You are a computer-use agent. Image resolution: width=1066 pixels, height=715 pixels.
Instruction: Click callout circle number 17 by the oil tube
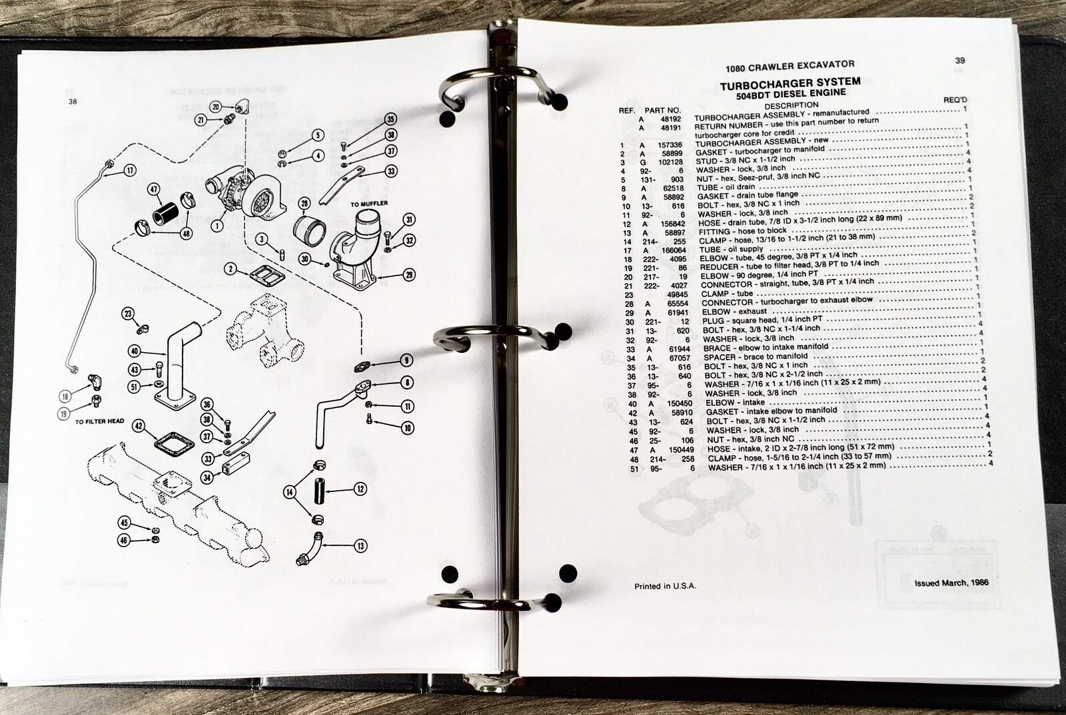point(131,170)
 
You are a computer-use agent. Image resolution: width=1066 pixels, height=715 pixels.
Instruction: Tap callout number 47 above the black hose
point(154,190)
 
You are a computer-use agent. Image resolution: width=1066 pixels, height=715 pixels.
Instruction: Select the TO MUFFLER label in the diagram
point(369,203)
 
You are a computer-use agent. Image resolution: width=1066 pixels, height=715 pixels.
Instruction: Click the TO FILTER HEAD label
point(100,422)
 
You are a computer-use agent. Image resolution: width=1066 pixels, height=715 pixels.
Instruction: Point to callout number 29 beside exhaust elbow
point(408,275)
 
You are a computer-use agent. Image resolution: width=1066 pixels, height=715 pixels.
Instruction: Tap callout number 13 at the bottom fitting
point(360,546)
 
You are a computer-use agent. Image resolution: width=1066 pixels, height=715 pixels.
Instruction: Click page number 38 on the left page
point(73,102)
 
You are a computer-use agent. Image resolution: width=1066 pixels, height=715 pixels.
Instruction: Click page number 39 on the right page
point(959,61)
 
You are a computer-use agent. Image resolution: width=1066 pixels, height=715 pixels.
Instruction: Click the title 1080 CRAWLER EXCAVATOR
point(790,66)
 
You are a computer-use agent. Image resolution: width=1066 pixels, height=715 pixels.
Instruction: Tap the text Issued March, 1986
point(951,583)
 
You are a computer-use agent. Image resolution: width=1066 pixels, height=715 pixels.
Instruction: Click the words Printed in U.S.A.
point(664,586)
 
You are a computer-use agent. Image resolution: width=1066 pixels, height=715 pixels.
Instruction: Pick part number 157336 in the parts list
point(670,144)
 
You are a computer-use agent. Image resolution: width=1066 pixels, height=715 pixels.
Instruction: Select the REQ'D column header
point(955,100)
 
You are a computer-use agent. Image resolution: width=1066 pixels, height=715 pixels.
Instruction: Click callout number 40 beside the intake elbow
point(135,352)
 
